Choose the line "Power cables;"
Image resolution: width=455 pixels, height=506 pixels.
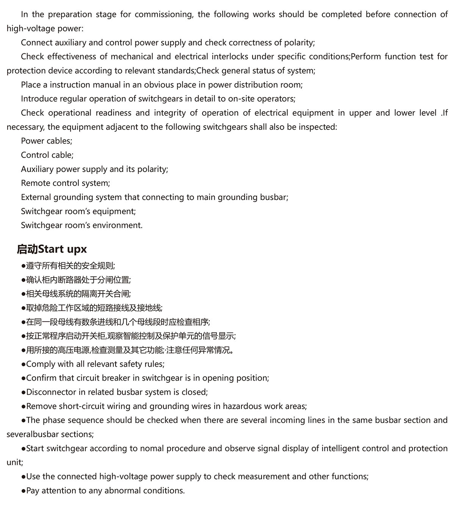coord(46,141)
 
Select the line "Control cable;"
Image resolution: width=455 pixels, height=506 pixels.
coord(47,155)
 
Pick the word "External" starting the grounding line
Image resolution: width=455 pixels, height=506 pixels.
coord(36,197)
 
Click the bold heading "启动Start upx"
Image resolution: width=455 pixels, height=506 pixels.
coord(52,249)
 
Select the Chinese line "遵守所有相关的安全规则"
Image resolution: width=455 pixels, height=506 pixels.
coord(70,266)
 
